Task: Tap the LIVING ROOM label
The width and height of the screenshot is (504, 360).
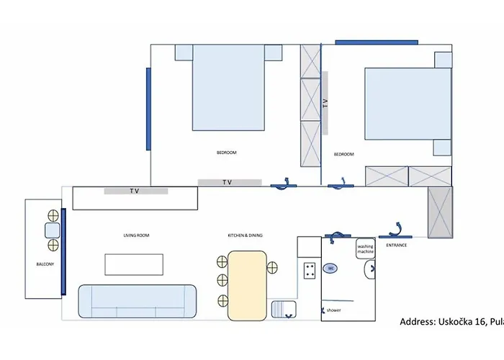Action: [x=135, y=235]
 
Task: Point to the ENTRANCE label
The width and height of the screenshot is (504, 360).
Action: [x=396, y=246]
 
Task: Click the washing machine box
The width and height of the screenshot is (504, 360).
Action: [x=366, y=249]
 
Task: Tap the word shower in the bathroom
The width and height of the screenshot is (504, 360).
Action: [x=333, y=310]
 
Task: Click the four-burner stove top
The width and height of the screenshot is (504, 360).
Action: [x=310, y=271]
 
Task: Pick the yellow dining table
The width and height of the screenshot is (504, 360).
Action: [x=247, y=285]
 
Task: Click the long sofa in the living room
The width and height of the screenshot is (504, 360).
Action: [x=137, y=302]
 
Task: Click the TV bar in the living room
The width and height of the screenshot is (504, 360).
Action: [x=136, y=191]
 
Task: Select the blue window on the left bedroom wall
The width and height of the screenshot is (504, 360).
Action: [x=148, y=109]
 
